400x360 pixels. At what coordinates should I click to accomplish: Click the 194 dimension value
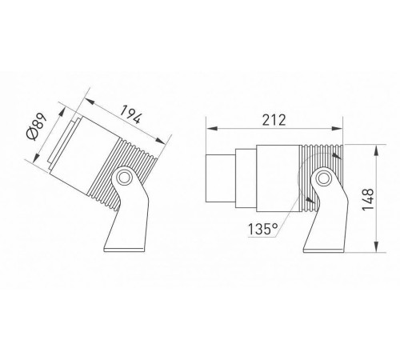tap(130, 114)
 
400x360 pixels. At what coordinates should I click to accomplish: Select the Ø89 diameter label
tap(37, 126)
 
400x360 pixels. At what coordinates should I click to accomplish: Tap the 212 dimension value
tap(274, 120)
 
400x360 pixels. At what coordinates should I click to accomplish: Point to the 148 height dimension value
tap(368, 199)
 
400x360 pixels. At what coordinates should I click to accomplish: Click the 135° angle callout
tap(263, 229)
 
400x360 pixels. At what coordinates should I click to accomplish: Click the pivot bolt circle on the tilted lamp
tap(124, 177)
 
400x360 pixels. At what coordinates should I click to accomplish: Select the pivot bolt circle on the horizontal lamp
tap(324, 178)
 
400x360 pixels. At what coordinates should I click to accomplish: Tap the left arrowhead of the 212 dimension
tap(212, 129)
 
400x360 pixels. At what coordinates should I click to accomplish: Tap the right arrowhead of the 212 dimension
tap(337, 129)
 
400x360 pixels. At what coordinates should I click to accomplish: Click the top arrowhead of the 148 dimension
tap(376, 150)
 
